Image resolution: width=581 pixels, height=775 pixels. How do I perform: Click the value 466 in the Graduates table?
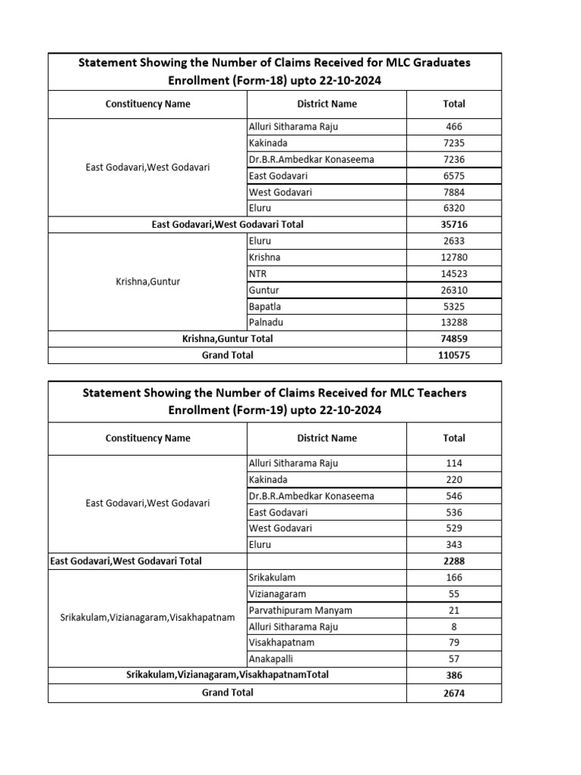coord(454,127)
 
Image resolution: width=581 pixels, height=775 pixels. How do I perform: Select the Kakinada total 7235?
coord(454,143)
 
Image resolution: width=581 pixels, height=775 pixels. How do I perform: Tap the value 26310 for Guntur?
coord(454,290)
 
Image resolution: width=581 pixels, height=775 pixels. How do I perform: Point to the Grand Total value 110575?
coord(454,355)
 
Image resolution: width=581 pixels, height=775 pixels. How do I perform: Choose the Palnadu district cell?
coord(266,322)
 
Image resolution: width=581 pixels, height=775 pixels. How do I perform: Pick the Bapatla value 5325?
coord(454,307)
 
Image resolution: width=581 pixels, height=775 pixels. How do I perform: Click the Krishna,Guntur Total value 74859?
coord(454,339)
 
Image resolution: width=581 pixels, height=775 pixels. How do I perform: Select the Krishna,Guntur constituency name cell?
coord(148,282)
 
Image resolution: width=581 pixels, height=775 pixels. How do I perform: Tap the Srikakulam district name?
coord(272,577)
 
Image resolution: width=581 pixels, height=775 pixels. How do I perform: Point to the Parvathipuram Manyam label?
coord(300,610)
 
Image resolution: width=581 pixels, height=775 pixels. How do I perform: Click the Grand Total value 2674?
coord(454,693)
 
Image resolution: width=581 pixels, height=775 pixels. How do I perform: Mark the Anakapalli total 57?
coord(454,659)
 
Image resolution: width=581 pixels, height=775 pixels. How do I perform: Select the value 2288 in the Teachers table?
coord(454,562)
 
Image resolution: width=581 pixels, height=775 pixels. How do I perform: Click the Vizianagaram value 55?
coord(454,594)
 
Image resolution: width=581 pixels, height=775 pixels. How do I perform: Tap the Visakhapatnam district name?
coord(281,643)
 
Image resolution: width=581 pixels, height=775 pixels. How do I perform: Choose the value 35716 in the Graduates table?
coord(454,225)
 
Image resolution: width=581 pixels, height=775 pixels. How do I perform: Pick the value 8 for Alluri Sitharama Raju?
coord(454,627)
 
